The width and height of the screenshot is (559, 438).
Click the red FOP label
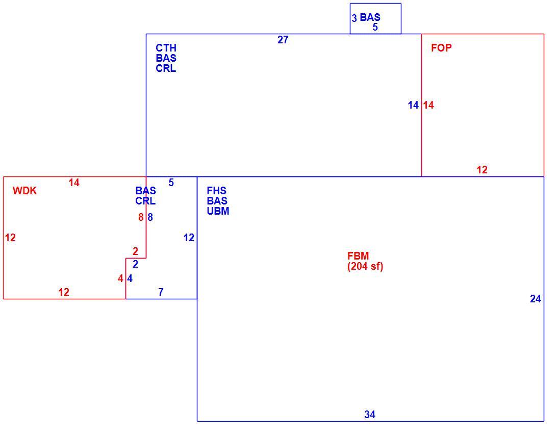pos(441,48)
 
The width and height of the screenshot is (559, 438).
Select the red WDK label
pos(24,191)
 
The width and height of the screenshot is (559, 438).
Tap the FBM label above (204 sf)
pos(358,256)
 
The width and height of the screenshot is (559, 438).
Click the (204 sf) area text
pos(365,266)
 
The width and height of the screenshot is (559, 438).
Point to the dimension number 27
pos(283,40)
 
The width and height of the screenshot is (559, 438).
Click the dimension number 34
pos(370,415)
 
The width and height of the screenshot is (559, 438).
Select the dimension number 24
pos(536,299)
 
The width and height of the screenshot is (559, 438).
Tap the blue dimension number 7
pos(161,292)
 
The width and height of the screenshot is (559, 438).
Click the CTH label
pos(166,48)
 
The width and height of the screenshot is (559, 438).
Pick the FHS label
pos(216,191)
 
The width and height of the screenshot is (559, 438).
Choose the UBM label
pos(218,211)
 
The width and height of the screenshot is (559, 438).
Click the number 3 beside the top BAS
pos(354,18)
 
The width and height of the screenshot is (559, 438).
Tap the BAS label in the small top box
pos(370,17)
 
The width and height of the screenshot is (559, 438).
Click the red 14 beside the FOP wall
pos(428,105)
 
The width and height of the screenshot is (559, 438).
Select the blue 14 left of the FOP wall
pos(413,105)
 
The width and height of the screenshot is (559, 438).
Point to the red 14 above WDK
pos(74,183)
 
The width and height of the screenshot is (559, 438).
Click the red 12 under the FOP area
pos(482,170)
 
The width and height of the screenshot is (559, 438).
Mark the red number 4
pos(120,278)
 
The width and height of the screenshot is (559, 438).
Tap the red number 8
pos(141,217)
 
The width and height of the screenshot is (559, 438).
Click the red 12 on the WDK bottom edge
pos(64,292)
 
